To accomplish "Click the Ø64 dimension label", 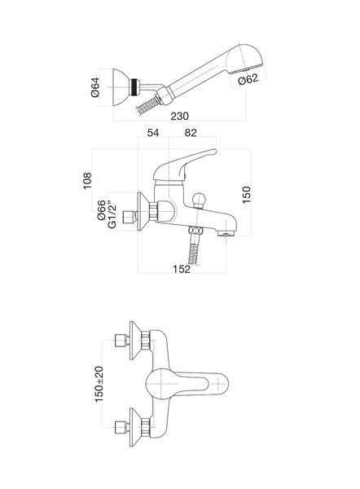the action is click(x=95, y=87).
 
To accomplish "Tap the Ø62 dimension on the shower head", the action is click(x=248, y=79).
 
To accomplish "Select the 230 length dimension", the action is click(x=179, y=116).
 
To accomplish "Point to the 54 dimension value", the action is click(x=153, y=133).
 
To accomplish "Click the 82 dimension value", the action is click(x=191, y=133).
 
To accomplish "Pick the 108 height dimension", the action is click(x=87, y=180).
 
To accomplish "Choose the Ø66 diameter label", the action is click(x=102, y=210).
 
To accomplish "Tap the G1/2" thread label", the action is click(x=112, y=216).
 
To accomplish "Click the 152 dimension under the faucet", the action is click(x=182, y=268).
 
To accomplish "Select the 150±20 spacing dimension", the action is click(x=99, y=384).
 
